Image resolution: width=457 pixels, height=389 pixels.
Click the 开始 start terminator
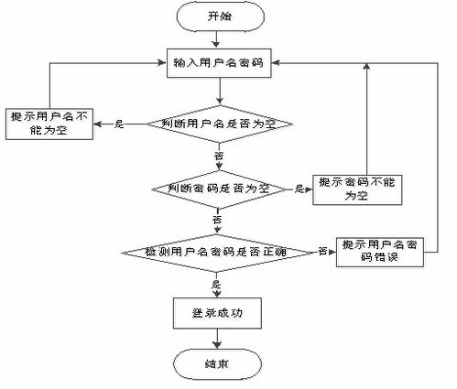coord(219,17)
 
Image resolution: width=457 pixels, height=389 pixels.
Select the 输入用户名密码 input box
coord(219,63)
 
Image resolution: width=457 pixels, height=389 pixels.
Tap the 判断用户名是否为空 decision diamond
coord(219,124)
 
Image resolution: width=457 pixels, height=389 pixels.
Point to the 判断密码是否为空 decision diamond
coord(219,189)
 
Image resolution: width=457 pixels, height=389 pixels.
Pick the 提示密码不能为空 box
coord(352,189)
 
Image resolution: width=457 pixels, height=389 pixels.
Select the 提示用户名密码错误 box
coord(379,250)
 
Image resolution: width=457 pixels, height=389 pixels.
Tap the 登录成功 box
coord(219,313)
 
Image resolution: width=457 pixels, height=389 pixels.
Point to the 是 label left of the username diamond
coord(119,124)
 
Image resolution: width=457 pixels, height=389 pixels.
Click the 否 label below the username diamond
coord(219,157)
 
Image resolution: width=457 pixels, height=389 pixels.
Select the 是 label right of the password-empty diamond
coord(299,189)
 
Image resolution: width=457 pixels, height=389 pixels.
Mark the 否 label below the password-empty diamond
coord(218,221)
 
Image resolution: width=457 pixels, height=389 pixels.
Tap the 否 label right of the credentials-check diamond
coord(322,250)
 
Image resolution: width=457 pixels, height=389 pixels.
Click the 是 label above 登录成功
coord(217,284)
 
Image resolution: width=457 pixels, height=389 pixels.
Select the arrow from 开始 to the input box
coord(219,39)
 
